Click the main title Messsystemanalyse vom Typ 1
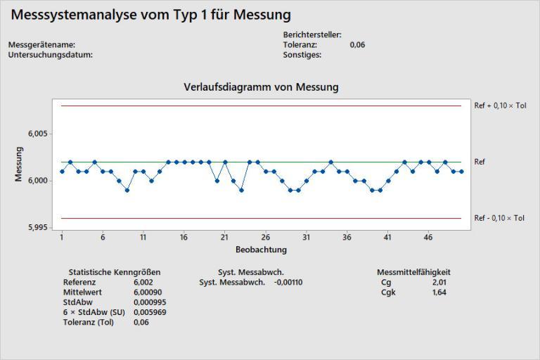coord(151,15)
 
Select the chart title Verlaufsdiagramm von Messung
coord(261,87)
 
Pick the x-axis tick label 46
coord(428,238)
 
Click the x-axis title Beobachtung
coord(261,250)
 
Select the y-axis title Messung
coord(19,164)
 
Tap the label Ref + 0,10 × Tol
coord(500,105)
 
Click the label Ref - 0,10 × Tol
coord(499,218)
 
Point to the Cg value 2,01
coord(439,282)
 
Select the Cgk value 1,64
coord(439,292)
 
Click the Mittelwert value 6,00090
coord(147,292)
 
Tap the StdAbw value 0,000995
coord(149,302)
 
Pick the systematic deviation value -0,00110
coord(288,282)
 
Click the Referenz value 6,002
coord(143,282)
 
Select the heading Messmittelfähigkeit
coord(413,272)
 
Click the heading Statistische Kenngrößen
coord(114,272)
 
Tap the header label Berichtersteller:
coord(312,34)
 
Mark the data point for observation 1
coord(62,171)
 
